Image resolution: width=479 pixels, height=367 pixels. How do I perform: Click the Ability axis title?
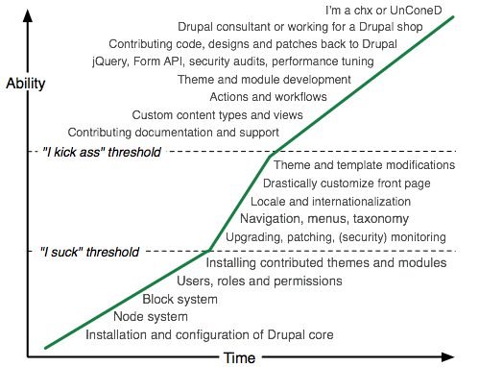pyautogui.click(x=25, y=83)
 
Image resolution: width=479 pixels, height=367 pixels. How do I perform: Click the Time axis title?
pyautogui.click(x=239, y=358)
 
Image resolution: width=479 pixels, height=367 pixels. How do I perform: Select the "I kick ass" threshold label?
pyautogui.click(x=103, y=152)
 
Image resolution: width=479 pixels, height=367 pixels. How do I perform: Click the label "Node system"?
pyautogui.click(x=152, y=317)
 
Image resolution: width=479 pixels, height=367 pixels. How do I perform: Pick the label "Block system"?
pyautogui.click(x=180, y=299)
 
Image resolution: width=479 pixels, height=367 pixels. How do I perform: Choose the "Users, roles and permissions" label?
pyautogui.click(x=260, y=281)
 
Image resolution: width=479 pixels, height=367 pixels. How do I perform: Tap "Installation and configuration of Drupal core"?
pyautogui.click(x=209, y=335)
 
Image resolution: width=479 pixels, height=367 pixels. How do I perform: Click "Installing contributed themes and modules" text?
pyautogui.click(x=326, y=262)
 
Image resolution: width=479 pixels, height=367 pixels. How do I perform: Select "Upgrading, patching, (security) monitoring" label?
pyautogui.click(x=335, y=236)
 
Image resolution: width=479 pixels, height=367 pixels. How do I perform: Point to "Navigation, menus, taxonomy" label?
pyautogui.click(x=329, y=219)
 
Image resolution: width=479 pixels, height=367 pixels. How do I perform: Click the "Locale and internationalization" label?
pyautogui.click(x=330, y=202)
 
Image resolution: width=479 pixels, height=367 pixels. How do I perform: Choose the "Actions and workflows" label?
pyautogui.click(x=268, y=96)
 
